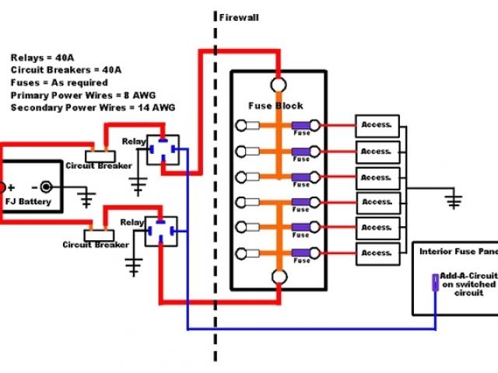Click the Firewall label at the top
coord(238,17)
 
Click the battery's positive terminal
coord(2,186)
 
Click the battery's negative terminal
coord(47,186)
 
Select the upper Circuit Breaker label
coord(96,166)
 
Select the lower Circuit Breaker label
coord(95,245)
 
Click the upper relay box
coord(163,151)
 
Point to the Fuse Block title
coord(275,106)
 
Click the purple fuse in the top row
coord(300,126)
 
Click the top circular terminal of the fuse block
coord(278,85)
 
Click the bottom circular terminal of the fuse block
coord(278,278)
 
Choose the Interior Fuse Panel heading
coord(455,252)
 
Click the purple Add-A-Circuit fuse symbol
coord(435,281)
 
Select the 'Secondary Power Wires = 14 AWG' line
coord(93,106)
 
